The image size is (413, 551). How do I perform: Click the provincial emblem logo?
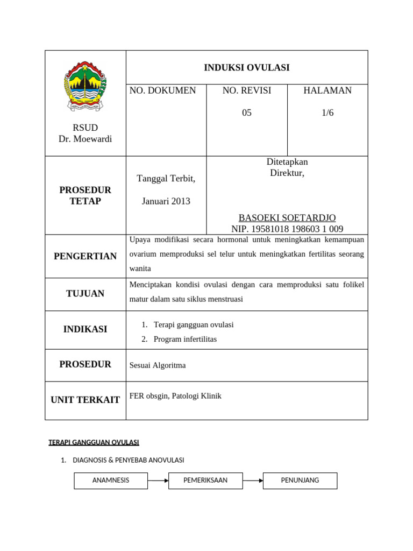[x=85, y=86]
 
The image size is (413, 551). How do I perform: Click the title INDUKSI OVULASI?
[x=246, y=67]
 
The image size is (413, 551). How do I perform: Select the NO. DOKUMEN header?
[x=163, y=90]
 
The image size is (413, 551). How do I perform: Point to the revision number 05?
[x=246, y=113]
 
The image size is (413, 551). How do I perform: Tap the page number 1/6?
[x=327, y=113]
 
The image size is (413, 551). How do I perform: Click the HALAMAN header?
[x=327, y=90]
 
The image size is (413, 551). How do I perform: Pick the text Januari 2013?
[x=166, y=201]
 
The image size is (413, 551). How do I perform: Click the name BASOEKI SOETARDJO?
[x=287, y=217]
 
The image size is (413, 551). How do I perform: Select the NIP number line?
[x=287, y=229]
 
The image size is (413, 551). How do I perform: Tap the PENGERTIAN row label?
[x=85, y=256]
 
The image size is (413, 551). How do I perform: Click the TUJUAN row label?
[x=85, y=294]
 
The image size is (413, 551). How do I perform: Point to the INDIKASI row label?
[x=85, y=329]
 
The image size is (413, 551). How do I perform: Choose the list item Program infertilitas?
[x=186, y=339]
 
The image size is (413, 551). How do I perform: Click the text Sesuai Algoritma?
[x=158, y=365]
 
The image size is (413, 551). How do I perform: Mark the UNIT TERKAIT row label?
[x=85, y=400]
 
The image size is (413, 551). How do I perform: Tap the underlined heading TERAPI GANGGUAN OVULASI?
[x=94, y=442]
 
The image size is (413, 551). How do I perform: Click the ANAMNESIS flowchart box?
[x=111, y=481]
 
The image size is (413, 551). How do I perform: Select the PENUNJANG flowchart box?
[x=300, y=481]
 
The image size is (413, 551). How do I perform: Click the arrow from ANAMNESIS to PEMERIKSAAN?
[x=158, y=481]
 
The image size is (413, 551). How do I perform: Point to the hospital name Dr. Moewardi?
[x=85, y=139]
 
